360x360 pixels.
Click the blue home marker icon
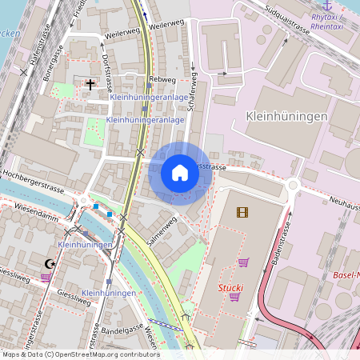point(180,173)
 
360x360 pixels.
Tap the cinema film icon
point(242,212)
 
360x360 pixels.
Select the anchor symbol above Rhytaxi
point(326,6)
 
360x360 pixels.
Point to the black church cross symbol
point(90,82)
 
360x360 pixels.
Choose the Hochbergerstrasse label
point(32,172)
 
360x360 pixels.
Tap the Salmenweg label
point(161,229)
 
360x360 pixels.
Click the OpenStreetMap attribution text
point(80,354)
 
